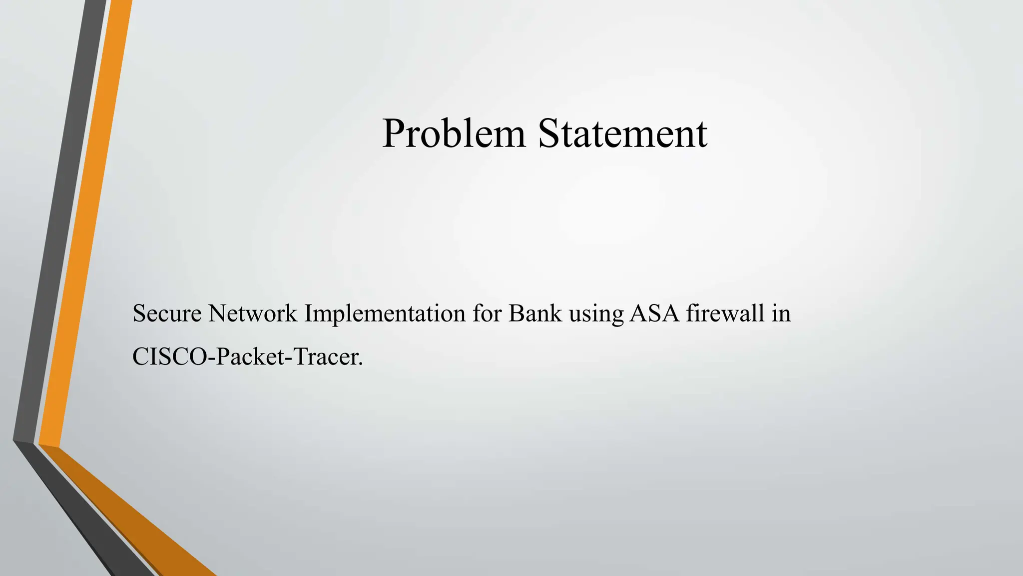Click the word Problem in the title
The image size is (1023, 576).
point(454,133)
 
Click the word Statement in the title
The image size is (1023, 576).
point(622,133)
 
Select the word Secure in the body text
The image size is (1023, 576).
point(167,313)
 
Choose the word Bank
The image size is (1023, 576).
point(535,313)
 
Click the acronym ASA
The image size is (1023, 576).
point(654,313)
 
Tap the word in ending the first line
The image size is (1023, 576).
point(781,313)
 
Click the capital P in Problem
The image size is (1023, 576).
point(394,133)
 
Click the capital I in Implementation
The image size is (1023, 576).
point(308,313)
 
